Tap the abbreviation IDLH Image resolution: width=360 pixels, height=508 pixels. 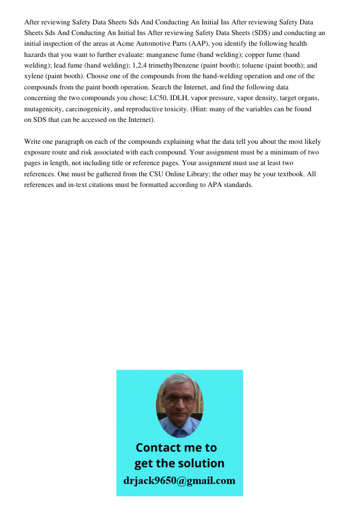(x=179, y=98)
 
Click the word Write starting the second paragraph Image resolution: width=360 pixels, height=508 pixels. (x=33, y=142)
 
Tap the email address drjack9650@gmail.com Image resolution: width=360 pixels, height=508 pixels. (x=179, y=481)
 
